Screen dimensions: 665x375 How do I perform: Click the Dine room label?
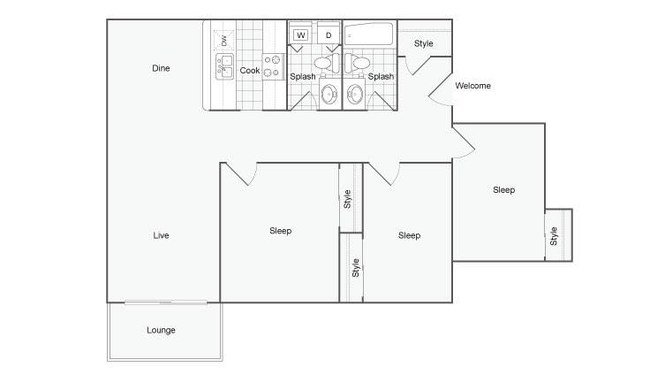coord(161,68)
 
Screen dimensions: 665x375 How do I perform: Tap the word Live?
coord(161,235)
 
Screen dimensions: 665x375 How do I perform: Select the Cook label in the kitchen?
coord(249,71)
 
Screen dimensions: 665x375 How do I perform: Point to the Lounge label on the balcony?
coord(161,330)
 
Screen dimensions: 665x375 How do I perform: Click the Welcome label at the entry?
coord(472,86)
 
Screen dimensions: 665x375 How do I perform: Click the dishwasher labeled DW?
coord(224,41)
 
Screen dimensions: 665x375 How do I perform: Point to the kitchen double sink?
coord(224,66)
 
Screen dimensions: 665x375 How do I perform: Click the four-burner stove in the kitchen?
coord(273,66)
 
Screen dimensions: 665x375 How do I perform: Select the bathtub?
coord(368,34)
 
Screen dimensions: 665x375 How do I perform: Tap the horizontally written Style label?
coord(424,43)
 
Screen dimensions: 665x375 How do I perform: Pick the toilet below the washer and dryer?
coord(327,64)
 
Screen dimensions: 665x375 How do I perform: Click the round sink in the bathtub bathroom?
coord(355,94)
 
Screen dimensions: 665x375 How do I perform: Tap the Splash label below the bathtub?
coord(381,76)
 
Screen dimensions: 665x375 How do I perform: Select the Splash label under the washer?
coord(302,76)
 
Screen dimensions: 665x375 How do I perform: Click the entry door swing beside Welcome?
coord(440,89)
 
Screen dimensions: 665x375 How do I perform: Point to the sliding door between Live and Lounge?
coord(166,302)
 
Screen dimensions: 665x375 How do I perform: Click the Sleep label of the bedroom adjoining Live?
coord(280,231)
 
